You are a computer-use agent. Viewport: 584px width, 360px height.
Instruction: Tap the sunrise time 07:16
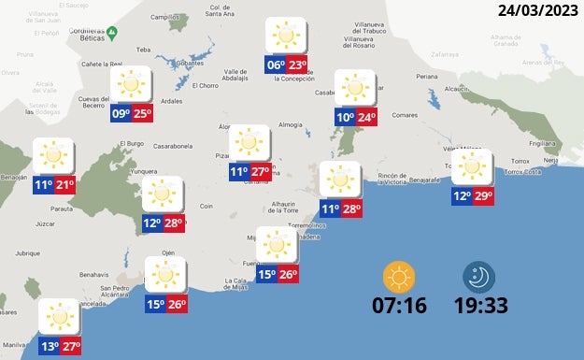[400, 306]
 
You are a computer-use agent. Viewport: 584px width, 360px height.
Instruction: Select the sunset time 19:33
[480, 306]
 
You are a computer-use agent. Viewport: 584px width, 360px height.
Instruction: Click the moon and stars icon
[479, 277]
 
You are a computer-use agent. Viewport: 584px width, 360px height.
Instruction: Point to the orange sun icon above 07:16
[399, 277]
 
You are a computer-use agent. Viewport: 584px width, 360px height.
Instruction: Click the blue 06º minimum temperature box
[276, 65]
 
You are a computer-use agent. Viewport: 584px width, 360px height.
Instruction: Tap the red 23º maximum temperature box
[297, 65]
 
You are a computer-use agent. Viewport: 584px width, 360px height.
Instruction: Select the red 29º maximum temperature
[483, 196]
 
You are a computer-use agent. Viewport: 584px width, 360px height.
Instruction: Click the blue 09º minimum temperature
[121, 114]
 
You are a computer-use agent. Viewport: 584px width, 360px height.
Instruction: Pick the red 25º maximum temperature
[142, 114]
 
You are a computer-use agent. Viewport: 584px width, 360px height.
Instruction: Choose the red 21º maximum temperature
[64, 185]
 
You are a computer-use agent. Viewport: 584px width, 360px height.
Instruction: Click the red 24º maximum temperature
[366, 118]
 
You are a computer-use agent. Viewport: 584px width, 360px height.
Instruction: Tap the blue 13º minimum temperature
[50, 347]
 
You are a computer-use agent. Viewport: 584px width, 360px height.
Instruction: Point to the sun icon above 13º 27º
[60, 318]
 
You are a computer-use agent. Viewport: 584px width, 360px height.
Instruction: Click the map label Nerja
[551, 161]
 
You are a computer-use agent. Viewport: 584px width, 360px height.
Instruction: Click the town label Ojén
[168, 252]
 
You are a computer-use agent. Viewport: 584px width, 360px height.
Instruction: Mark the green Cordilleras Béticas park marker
[111, 34]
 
